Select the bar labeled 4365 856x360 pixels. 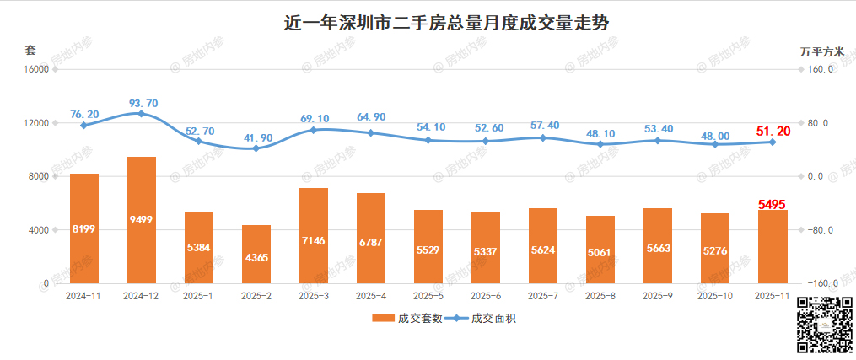[x=256, y=254]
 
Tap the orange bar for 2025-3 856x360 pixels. [x=313, y=235]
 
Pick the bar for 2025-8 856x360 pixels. [x=600, y=250]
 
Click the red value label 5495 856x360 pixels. [x=773, y=203]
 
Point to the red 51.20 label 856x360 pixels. [x=773, y=130]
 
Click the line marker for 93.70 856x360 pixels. [x=142, y=113]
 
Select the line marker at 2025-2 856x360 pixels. [x=256, y=148]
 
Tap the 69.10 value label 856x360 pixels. [x=315, y=119]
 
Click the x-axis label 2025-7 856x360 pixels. [x=542, y=296]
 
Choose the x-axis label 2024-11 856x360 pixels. [x=83, y=296]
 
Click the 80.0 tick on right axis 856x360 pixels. [x=819, y=123]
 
